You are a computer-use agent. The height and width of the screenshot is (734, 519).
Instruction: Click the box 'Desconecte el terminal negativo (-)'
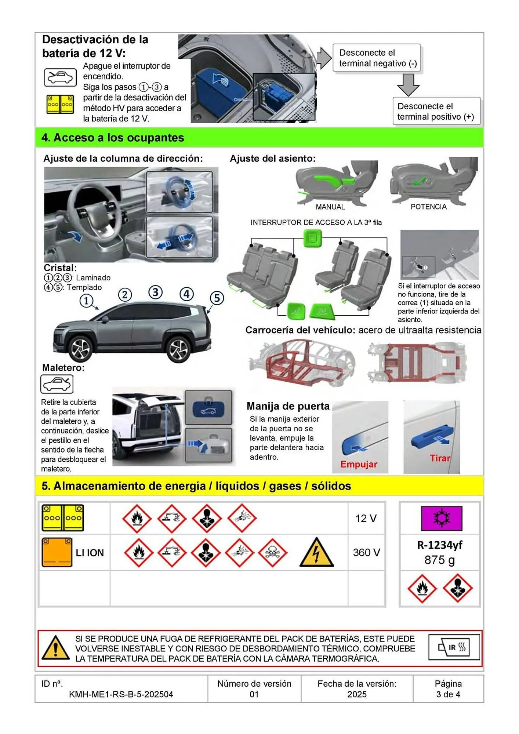pos(377,58)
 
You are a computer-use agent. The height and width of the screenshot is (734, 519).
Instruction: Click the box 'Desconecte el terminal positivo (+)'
pos(436,111)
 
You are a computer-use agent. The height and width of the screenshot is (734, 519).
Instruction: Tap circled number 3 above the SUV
pos(156,292)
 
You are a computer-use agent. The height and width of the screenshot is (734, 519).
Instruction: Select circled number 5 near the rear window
pos(217,298)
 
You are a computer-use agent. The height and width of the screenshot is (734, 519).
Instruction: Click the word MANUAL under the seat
pos(330,207)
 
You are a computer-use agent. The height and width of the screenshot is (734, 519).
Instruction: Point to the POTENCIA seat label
pos(428,207)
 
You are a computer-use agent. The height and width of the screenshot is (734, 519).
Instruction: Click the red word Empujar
pos(359,464)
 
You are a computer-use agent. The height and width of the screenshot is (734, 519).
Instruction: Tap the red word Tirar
pos(440,458)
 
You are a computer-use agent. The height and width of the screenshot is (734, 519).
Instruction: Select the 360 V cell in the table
pos(366,552)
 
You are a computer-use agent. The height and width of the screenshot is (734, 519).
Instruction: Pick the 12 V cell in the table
pos(366,518)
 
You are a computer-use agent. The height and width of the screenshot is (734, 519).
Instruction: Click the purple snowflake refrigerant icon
pos(441,518)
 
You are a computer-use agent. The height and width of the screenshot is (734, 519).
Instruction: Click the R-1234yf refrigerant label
pos(439,545)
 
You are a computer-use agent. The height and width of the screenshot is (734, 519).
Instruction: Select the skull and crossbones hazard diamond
pos(273,553)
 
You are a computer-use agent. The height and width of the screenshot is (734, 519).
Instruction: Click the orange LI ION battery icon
pos(57,552)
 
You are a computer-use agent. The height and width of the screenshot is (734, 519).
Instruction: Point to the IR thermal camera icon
pos(454,647)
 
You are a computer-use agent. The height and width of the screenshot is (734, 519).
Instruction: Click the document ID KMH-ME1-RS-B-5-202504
pos(121,694)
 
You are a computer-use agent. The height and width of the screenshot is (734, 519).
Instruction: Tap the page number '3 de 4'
pos(448,694)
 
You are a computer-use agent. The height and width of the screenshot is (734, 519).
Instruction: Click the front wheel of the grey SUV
pos(81,349)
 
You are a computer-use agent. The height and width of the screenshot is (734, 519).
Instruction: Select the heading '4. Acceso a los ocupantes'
pos(113,138)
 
